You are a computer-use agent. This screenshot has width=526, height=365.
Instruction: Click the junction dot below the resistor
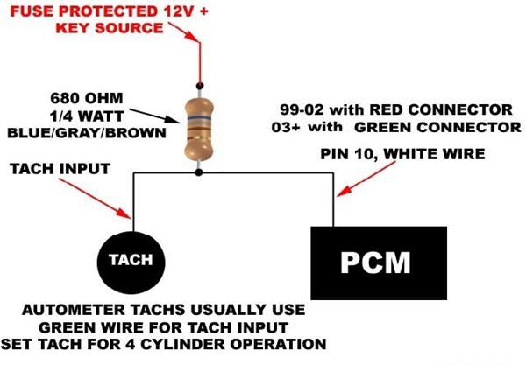point(200,172)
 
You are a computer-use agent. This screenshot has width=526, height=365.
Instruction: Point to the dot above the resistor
point(200,86)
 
